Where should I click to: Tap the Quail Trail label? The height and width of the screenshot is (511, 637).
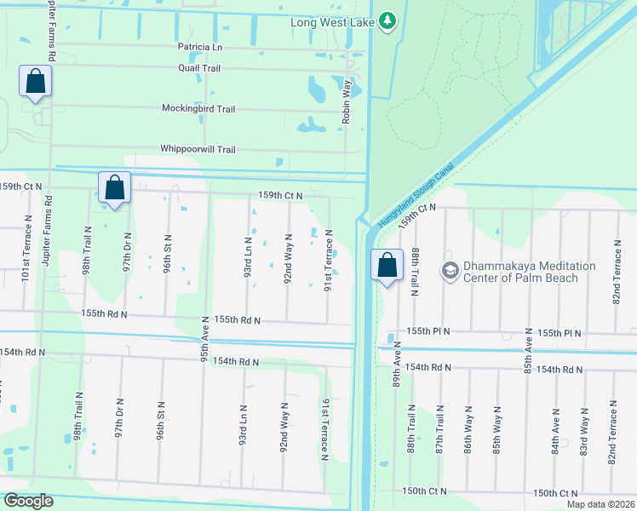(199, 67)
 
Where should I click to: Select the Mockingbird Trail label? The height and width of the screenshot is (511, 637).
(198, 109)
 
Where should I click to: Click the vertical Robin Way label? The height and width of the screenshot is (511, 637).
(347, 102)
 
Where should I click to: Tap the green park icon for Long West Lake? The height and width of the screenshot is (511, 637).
(387, 20)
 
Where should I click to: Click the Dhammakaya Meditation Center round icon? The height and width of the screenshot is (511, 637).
(450, 271)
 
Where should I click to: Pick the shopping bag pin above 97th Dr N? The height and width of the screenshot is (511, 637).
(114, 187)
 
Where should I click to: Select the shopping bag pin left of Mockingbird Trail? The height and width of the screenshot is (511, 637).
(35, 82)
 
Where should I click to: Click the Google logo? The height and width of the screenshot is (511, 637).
(28, 501)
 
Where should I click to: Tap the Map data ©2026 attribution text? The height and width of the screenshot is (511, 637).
(600, 504)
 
